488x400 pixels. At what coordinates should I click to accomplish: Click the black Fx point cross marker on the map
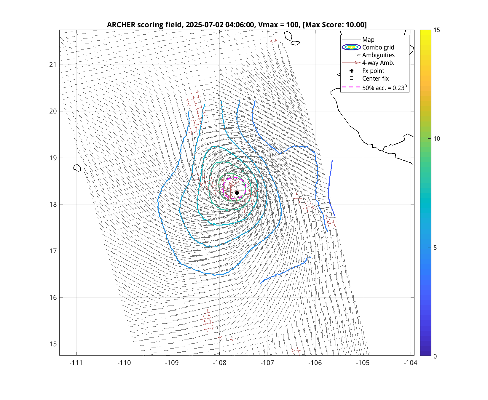pos(237,193)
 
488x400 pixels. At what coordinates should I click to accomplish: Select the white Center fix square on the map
pos(234,188)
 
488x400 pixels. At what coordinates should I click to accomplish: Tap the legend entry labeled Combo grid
pos(378,47)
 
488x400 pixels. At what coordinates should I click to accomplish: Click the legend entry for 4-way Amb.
pos(378,63)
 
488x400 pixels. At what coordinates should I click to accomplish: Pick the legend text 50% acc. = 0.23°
pos(384,88)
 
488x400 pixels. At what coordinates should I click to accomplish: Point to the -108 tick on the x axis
pos(219,363)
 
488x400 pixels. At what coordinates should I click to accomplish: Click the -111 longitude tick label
pos(76,363)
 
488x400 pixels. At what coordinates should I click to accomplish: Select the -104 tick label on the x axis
pos(410,363)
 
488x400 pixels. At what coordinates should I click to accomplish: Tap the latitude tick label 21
pos(53,65)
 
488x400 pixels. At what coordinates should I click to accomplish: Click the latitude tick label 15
pos(53,344)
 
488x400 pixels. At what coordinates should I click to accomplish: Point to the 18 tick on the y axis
pos(53,204)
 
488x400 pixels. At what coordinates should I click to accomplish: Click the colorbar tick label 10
pos(437,139)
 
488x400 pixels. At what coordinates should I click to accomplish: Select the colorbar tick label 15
pos(437,30)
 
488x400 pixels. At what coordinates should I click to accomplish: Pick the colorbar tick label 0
pos(435,356)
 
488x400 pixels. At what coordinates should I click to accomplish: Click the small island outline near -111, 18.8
pos(77,168)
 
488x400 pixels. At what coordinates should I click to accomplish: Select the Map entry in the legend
pos(368,40)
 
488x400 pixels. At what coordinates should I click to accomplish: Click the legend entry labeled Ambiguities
pos(378,55)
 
